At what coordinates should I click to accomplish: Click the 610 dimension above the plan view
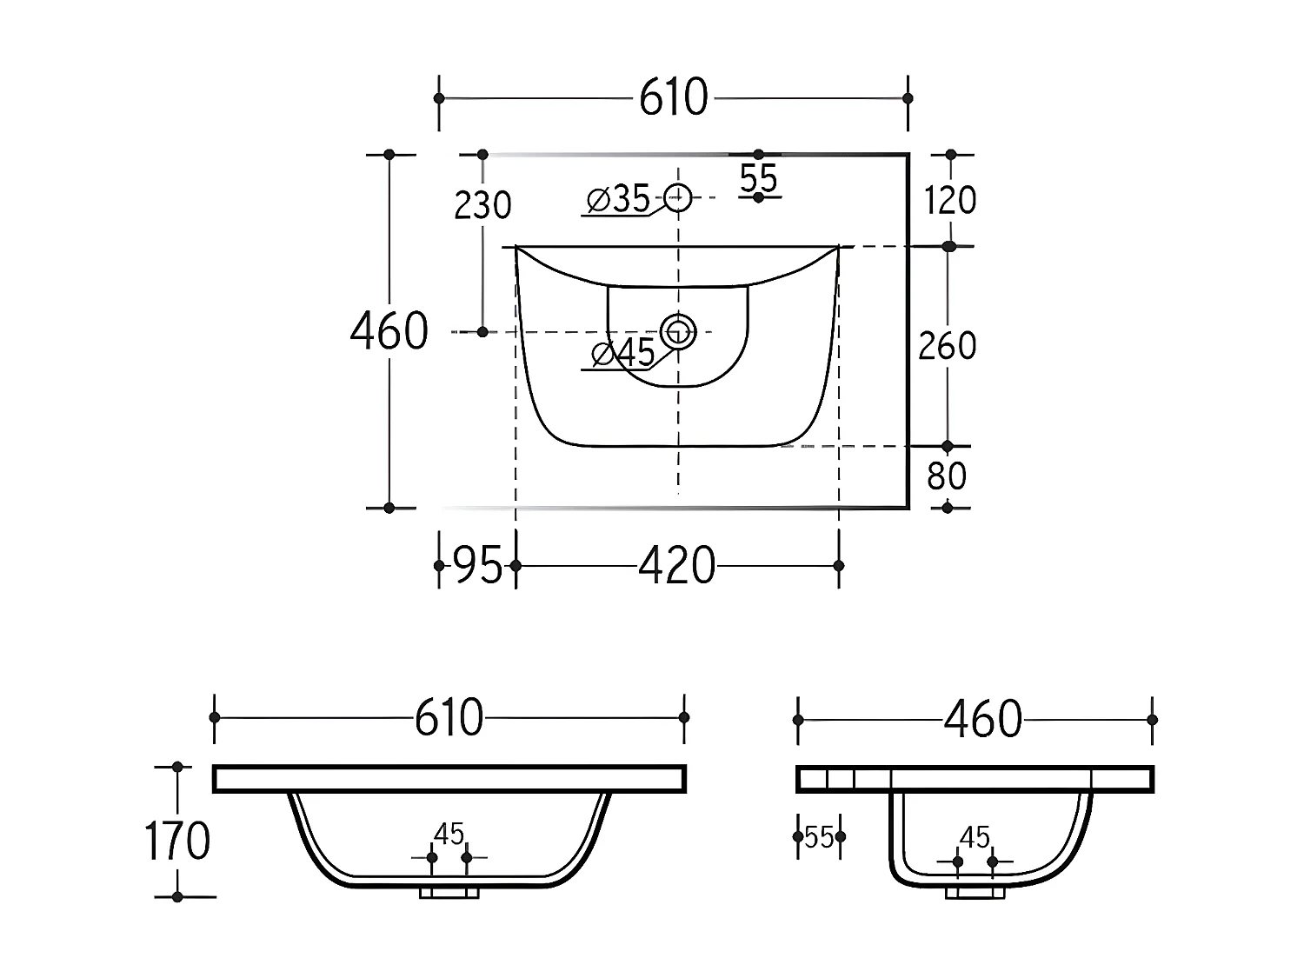674,98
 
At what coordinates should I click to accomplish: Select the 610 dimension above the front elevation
449,718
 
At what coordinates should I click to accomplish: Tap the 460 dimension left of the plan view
389,331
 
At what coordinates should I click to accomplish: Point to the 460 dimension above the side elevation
983,720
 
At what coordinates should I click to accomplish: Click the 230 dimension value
483,206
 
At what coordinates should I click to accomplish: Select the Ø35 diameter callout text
618,199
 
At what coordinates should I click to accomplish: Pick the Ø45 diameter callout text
622,353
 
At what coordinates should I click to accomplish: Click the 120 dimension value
950,201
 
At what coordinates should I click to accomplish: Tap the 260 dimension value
948,346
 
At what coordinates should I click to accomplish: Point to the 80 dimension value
947,476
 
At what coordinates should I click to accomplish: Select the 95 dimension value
479,567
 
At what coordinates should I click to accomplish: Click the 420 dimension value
677,567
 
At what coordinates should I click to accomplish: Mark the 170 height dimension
176,841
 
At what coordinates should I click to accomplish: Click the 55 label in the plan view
759,178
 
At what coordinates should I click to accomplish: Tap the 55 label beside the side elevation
819,838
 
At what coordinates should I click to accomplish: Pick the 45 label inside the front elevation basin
449,835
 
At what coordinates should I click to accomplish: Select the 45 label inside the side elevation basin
975,837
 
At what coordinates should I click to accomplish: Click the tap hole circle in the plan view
678,198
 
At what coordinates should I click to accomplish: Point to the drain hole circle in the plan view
678,331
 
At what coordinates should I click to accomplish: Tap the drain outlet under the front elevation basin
449,892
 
